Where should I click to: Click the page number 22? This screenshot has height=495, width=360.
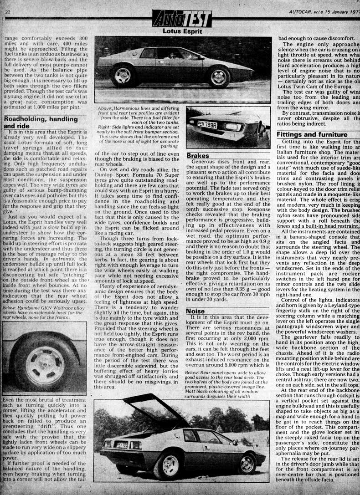pos(7,11)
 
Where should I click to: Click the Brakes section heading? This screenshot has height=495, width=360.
pos(198,156)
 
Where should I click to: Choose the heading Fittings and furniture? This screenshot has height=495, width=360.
pos(312,135)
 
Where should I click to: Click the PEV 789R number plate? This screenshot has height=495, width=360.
pos(207,124)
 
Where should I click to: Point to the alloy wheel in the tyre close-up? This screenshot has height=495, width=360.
pos(44,365)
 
